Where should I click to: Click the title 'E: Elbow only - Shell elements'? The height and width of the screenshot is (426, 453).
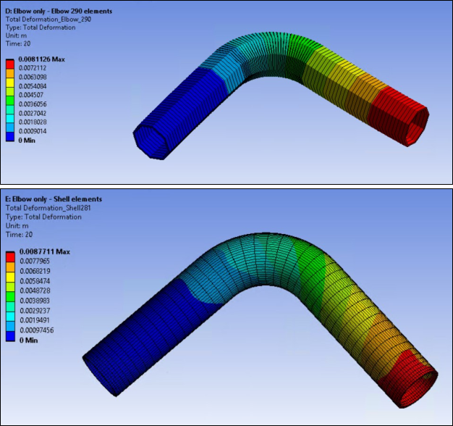tap(54, 199)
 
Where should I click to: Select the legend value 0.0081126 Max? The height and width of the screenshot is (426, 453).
tap(41, 59)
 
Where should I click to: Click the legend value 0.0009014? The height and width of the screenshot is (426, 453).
tap(35, 132)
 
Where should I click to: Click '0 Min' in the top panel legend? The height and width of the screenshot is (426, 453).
tap(27, 140)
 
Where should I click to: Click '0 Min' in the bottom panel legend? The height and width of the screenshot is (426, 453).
tap(27, 339)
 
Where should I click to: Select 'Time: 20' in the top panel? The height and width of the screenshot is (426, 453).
tap(18, 43)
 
